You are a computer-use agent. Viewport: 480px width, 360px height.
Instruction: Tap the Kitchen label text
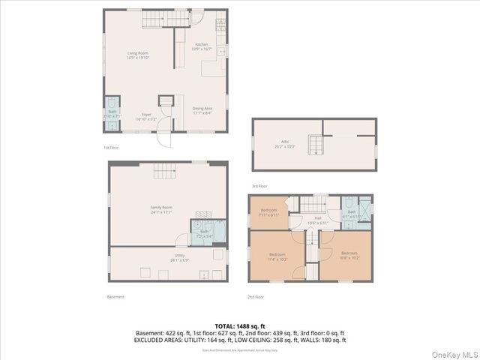point(202,45)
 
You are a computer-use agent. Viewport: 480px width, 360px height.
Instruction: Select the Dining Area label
point(202,109)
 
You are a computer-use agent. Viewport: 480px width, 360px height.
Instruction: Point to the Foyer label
point(145,115)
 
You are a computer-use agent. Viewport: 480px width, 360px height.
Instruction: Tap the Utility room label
point(180,256)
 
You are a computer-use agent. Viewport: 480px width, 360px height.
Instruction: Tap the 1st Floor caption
point(111,147)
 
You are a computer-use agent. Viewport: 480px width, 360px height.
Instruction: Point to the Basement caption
point(115,296)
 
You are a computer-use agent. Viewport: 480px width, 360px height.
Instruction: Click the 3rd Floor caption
point(259,185)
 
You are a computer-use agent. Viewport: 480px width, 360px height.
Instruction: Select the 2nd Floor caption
point(256,296)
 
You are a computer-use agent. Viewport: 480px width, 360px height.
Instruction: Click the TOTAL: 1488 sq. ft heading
point(240,326)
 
